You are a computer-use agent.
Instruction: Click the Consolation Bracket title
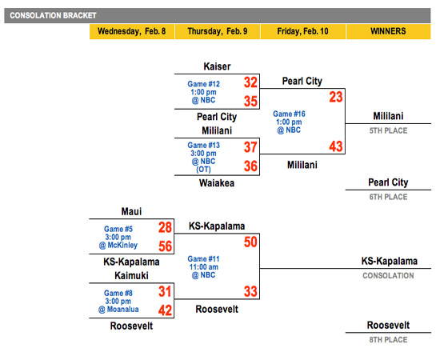(x=53, y=15)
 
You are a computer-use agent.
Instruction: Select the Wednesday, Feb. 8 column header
(x=132, y=31)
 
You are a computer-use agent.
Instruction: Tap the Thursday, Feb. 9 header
(x=218, y=31)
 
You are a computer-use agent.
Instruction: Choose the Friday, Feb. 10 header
(x=302, y=31)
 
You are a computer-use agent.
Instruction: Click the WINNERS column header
(x=388, y=31)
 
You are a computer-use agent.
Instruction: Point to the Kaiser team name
(x=217, y=66)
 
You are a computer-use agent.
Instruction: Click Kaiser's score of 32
(x=250, y=82)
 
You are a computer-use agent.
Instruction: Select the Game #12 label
(x=204, y=84)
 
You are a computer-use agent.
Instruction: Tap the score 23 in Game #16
(x=336, y=97)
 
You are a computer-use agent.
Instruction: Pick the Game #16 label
(x=289, y=114)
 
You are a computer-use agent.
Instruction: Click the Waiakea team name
(x=217, y=183)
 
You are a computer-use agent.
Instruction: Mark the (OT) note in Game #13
(x=203, y=170)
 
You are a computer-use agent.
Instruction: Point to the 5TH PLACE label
(x=388, y=130)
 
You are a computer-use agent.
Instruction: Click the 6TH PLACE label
(x=388, y=197)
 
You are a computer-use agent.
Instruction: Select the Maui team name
(x=131, y=211)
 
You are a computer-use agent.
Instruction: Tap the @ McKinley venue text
(x=118, y=246)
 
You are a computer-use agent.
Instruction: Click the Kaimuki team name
(x=131, y=275)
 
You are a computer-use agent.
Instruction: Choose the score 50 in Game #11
(x=250, y=242)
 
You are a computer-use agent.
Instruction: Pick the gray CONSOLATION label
(x=388, y=276)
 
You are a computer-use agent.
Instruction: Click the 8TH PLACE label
(x=388, y=340)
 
